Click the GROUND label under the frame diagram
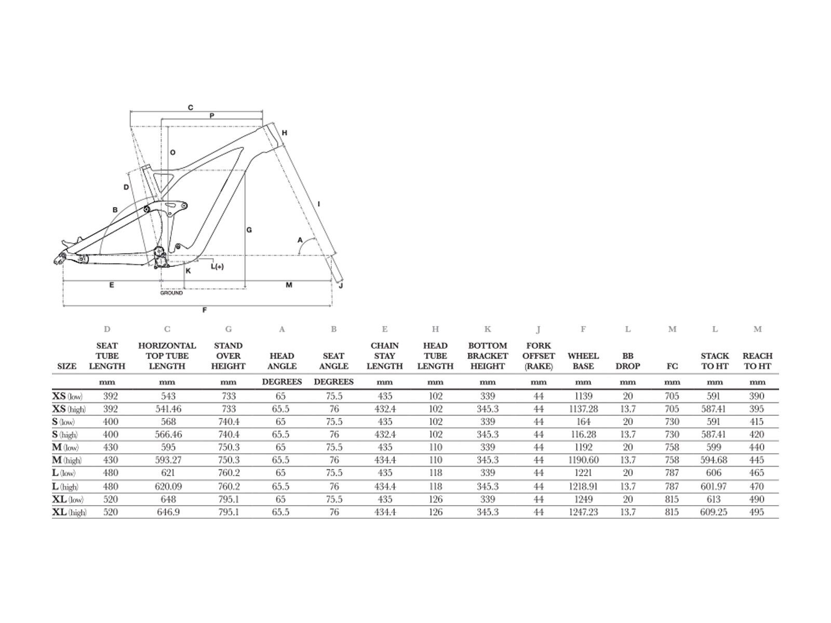pyautogui.click(x=171, y=293)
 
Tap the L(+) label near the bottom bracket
pyautogui.click(x=217, y=266)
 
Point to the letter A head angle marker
pyautogui.click(x=300, y=240)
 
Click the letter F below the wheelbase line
pyautogui.click(x=205, y=310)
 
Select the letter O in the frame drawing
pyautogui.click(x=172, y=153)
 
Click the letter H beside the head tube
pyautogui.click(x=284, y=133)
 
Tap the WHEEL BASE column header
pyautogui.click(x=583, y=361)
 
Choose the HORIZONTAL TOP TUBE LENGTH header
pyautogui.click(x=167, y=356)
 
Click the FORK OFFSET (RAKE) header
pyautogui.click(x=539, y=356)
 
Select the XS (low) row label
pyautogui.click(x=67, y=396)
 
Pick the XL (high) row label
pyautogui.click(x=69, y=512)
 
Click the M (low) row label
pyautogui.click(x=65, y=447)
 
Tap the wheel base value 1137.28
pyautogui.click(x=583, y=409)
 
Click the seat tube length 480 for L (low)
pyautogui.click(x=111, y=472)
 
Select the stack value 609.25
pyautogui.click(x=714, y=512)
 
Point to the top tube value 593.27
pyautogui.click(x=168, y=460)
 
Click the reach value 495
pyautogui.click(x=756, y=512)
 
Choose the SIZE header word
pyautogui.click(x=66, y=366)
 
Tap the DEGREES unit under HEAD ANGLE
pyautogui.click(x=282, y=382)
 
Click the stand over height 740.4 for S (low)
pyautogui.click(x=229, y=422)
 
